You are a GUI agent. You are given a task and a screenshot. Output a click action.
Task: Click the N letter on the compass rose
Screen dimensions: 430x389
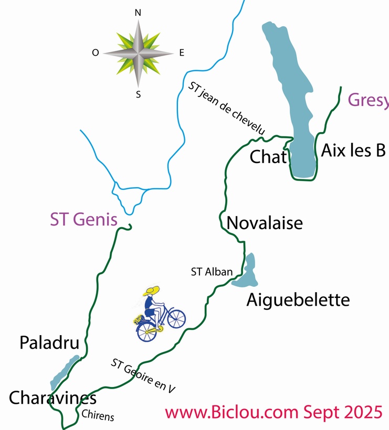click(x=139, y=13)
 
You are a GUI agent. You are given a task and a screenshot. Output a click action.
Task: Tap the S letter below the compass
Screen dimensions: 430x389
click(x=139, y=94)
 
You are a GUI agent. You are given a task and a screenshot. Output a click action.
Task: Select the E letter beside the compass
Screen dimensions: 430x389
click(x=182, y=52)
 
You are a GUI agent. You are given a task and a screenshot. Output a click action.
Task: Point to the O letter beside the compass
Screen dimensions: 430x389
click(x=95, y=52)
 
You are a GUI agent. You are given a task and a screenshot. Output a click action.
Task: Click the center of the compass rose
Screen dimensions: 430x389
click(x=139, y=53)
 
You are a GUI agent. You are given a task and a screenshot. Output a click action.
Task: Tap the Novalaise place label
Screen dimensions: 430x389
click(x=265, y=223)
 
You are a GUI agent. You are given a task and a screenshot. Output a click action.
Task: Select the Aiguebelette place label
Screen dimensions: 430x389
click(x=298, y=300)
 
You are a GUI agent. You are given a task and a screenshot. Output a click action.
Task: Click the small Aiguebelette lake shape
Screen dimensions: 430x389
click(x=246, y=273)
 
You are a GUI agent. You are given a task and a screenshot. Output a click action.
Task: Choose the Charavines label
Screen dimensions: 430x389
click(x=52, y=397)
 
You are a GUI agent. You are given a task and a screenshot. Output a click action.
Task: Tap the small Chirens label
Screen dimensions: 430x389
click(x=98, y=415)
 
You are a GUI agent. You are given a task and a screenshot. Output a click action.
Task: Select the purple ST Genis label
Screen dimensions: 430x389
click(x=83, y=219)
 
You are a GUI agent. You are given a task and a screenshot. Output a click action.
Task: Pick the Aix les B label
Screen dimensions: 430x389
click(x=352, y=150)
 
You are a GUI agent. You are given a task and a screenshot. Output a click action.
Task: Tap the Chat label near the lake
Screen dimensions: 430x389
click(x=268, y=156)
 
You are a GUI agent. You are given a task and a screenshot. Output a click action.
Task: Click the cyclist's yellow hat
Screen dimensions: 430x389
click(x=152, y=291)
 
